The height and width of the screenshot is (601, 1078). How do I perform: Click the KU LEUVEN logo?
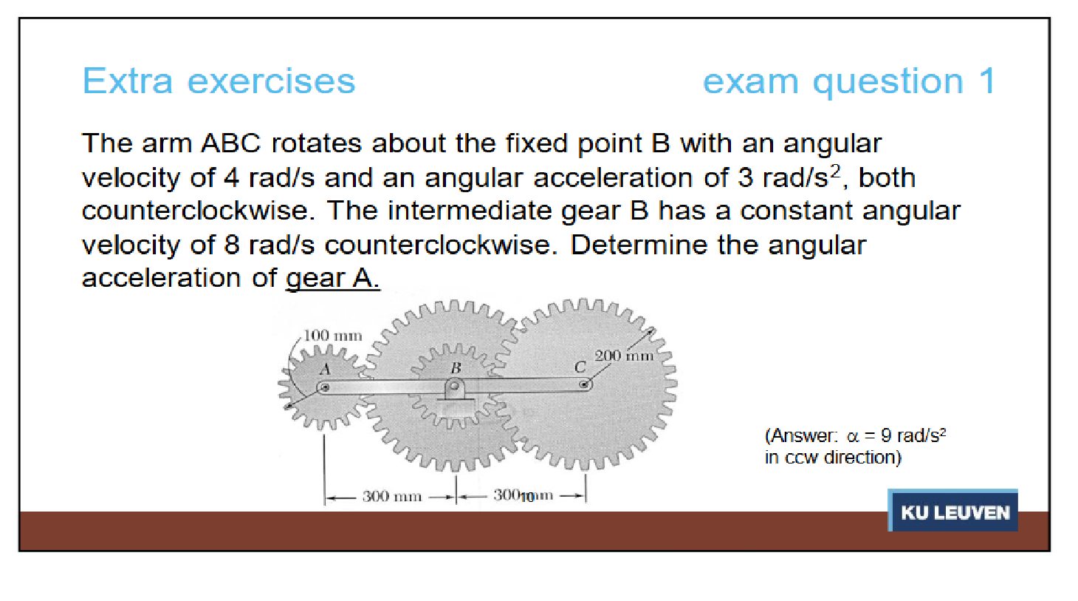952,510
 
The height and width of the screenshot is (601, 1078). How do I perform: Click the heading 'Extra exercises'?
219,81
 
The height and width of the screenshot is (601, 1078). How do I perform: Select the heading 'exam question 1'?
848,82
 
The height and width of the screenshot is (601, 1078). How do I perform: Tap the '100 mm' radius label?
332,336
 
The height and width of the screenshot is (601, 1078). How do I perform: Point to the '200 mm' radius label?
624,356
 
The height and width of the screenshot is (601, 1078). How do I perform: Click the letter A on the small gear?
326,369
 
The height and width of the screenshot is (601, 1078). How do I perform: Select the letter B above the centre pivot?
456,368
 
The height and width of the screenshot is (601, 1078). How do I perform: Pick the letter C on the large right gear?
580,367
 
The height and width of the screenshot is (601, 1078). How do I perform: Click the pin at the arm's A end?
325,387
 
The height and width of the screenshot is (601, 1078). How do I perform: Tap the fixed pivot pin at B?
454,386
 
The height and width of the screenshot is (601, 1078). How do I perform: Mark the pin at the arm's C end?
584,384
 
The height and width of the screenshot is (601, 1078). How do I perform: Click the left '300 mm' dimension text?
392,496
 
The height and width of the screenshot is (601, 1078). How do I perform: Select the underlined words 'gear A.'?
332,278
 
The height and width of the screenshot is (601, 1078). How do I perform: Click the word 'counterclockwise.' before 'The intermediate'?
199,211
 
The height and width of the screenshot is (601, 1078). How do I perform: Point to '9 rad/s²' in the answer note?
913,435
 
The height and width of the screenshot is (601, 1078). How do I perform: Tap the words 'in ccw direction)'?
833,457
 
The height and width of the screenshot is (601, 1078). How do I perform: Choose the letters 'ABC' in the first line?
230,143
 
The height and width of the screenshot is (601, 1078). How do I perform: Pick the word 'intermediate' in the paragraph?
469,211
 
